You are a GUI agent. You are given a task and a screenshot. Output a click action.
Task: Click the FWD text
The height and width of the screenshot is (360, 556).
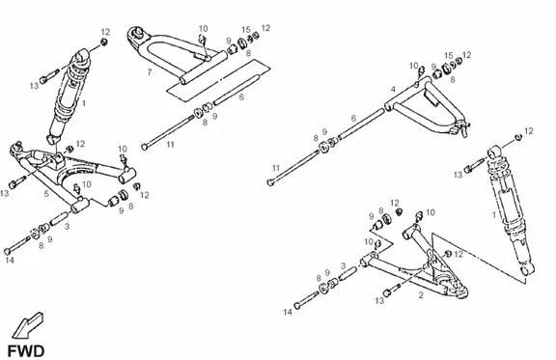point(26,351)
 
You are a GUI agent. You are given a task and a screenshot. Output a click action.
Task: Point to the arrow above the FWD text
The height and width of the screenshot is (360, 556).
point(27,325)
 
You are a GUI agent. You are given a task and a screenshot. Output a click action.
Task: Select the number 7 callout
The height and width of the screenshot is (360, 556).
point(150,72)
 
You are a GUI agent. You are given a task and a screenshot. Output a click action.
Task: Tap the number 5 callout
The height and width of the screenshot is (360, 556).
point(46,194)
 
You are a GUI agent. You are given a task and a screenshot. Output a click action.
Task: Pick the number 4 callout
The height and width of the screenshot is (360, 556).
point(393,89)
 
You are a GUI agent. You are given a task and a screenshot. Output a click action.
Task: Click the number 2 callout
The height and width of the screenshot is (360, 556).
point(421,294)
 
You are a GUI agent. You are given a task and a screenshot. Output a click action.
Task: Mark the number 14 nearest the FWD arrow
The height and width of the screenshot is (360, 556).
point(10,261)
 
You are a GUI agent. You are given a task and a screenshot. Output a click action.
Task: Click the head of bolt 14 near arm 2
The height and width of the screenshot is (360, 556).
point(297,305)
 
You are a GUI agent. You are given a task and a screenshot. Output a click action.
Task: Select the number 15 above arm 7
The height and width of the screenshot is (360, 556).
point(246,30)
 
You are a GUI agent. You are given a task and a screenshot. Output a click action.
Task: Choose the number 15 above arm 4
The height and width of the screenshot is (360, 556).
point(449,55)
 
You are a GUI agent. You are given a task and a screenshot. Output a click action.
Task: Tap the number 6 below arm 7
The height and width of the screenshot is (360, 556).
point(241,97)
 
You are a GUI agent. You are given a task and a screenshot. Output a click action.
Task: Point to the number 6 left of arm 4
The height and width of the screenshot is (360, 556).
point(353,118)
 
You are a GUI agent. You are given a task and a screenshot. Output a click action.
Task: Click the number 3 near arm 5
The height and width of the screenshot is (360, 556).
point(67,226)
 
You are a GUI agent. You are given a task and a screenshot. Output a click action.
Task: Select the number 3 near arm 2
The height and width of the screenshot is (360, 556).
point(343,265)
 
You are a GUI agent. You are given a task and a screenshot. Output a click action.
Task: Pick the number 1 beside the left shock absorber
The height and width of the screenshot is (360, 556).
point(84,103)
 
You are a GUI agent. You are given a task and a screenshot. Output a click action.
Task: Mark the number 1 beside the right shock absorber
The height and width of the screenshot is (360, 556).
point(494,214)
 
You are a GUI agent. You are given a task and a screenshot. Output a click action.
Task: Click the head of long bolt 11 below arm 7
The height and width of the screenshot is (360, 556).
point(144,147)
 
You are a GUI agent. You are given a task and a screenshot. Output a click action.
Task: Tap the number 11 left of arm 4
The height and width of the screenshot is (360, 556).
point(276,168)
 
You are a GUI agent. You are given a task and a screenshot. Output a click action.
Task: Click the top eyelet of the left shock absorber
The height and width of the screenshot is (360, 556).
point(83,55)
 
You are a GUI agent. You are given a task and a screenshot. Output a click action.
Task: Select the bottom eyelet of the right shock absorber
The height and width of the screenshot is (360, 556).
point(527,269)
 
